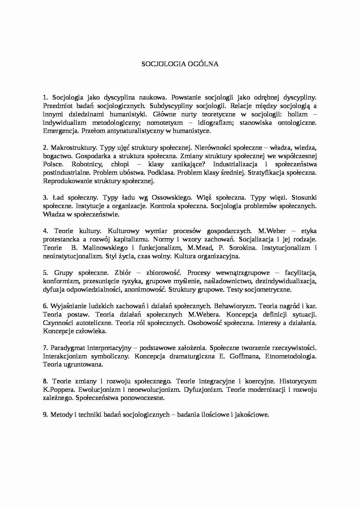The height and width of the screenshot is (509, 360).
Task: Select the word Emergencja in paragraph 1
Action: (x=61, y=131)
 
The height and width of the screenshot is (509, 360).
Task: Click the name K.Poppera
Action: (x=56, y=389)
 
